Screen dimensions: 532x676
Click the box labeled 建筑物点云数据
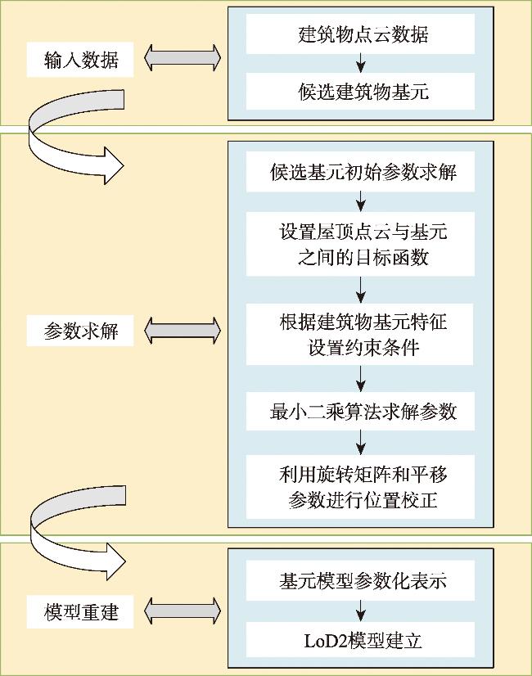pos(360,34)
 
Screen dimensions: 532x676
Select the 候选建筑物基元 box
pos(360,91)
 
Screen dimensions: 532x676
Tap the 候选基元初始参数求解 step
pos(360,172)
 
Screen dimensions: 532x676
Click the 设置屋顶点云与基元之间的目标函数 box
pos(360,244)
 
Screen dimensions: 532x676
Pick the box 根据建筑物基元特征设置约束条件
pos(360,334)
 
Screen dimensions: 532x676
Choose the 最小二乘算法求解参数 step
pos(360,411)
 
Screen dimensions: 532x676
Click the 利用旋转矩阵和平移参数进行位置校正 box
pos(360,487)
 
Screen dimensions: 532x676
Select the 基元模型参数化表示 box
pos(360,581)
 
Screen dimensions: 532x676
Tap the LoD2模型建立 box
pos(360,641)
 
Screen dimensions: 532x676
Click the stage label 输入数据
pos(80,60)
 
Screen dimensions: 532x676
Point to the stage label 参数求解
pos(80,331)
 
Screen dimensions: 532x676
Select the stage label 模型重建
pos(80,612)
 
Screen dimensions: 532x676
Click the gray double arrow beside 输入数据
pos(183,57)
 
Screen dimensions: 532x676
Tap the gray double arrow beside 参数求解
pos(183,331)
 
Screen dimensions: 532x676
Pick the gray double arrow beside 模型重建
pos(183,611)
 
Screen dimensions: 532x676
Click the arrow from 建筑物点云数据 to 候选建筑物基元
pos(361,63)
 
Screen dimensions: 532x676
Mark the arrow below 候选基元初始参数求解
pos(361,202)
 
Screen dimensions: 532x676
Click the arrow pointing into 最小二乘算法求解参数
pos(361,379)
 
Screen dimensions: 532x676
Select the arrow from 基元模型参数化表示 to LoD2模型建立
pos(361,611)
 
